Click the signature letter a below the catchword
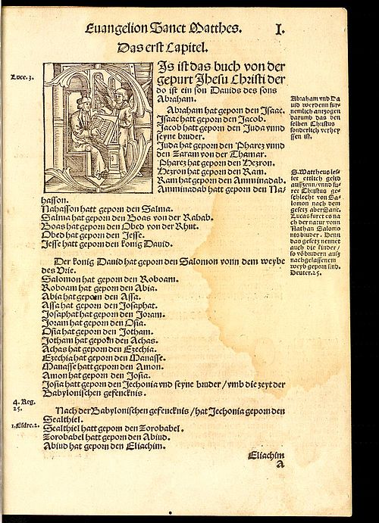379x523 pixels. (x=279, y=467)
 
